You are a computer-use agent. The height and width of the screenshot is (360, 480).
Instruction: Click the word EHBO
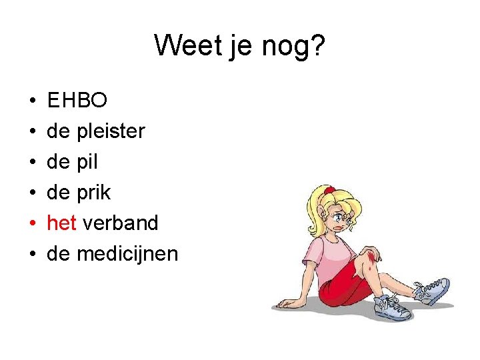point(77,101)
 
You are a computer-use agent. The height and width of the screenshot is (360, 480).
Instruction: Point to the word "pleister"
point(111,131)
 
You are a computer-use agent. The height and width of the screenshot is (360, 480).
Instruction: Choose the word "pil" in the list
point(87,162)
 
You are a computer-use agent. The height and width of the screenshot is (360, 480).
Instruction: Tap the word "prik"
point(94,193)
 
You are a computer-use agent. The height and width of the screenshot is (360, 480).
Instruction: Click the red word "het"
point(61,223)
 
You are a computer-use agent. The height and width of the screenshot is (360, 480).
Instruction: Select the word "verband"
point(120,223)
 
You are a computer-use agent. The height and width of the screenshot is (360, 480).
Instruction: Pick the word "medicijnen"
point(127,253)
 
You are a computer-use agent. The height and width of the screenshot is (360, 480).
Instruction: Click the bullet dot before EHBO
point(32,101)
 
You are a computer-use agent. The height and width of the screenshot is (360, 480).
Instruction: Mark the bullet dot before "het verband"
point(32,223)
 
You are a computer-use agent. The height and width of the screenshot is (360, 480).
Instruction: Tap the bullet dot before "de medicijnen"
point(32,254)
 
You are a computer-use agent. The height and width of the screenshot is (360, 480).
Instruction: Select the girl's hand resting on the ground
point(288,303)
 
